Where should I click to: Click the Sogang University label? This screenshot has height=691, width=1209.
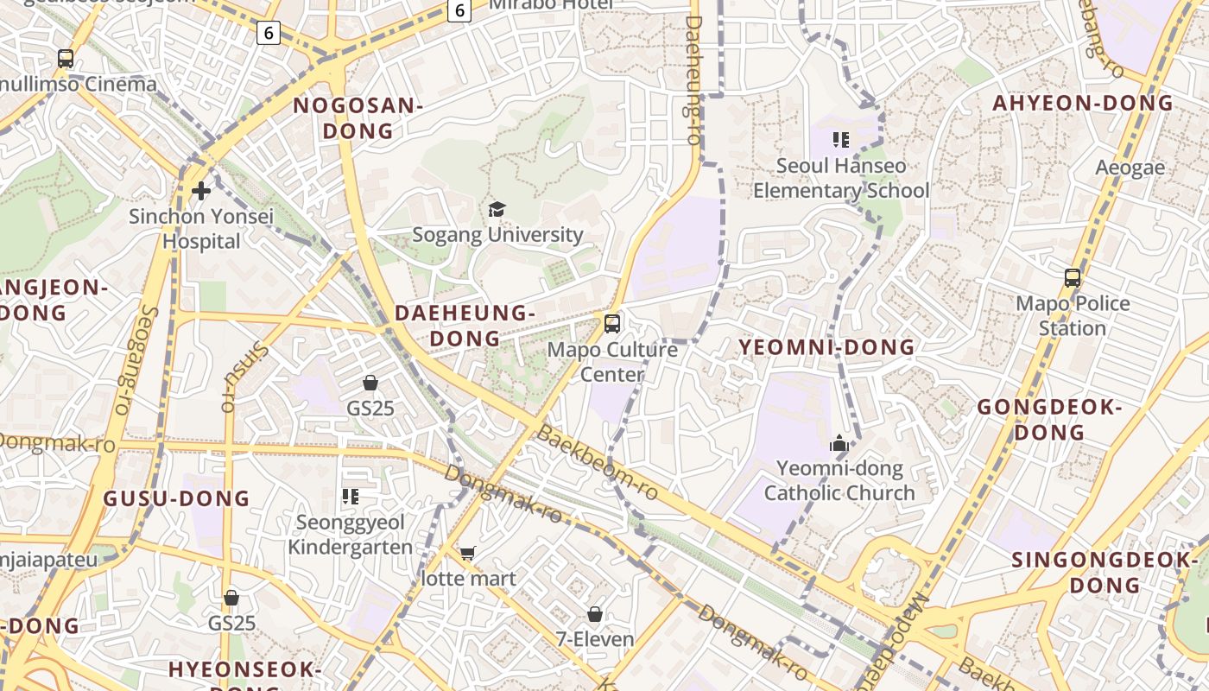[497, 234]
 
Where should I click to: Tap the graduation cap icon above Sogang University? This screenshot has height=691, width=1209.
[497, 209]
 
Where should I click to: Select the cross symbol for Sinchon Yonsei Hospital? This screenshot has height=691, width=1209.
[201, 190]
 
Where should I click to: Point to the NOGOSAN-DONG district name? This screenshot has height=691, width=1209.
[358, 118]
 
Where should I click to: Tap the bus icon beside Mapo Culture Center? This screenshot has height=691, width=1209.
[612, 324]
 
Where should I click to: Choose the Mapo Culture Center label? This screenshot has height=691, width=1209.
[612, 362]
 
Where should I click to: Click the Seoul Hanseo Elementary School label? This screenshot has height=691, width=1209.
[841, 178]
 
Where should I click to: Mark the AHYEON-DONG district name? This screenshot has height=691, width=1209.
[1083, 104]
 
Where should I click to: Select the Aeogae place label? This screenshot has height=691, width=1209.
[1130, 167]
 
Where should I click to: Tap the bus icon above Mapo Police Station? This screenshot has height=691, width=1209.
[1073, 278]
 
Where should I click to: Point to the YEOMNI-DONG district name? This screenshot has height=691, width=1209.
[826, 347]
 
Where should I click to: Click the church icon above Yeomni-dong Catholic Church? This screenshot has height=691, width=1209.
[839, 445]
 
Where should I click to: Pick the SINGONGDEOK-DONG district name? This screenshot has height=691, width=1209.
[1106, 572]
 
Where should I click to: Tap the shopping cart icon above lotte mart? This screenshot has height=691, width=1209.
[468, 553]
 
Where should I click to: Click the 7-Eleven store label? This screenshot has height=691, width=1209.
[595, 640]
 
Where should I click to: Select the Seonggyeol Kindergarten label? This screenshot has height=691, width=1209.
[351, 535]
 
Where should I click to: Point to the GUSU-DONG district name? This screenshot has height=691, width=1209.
[176, 498]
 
